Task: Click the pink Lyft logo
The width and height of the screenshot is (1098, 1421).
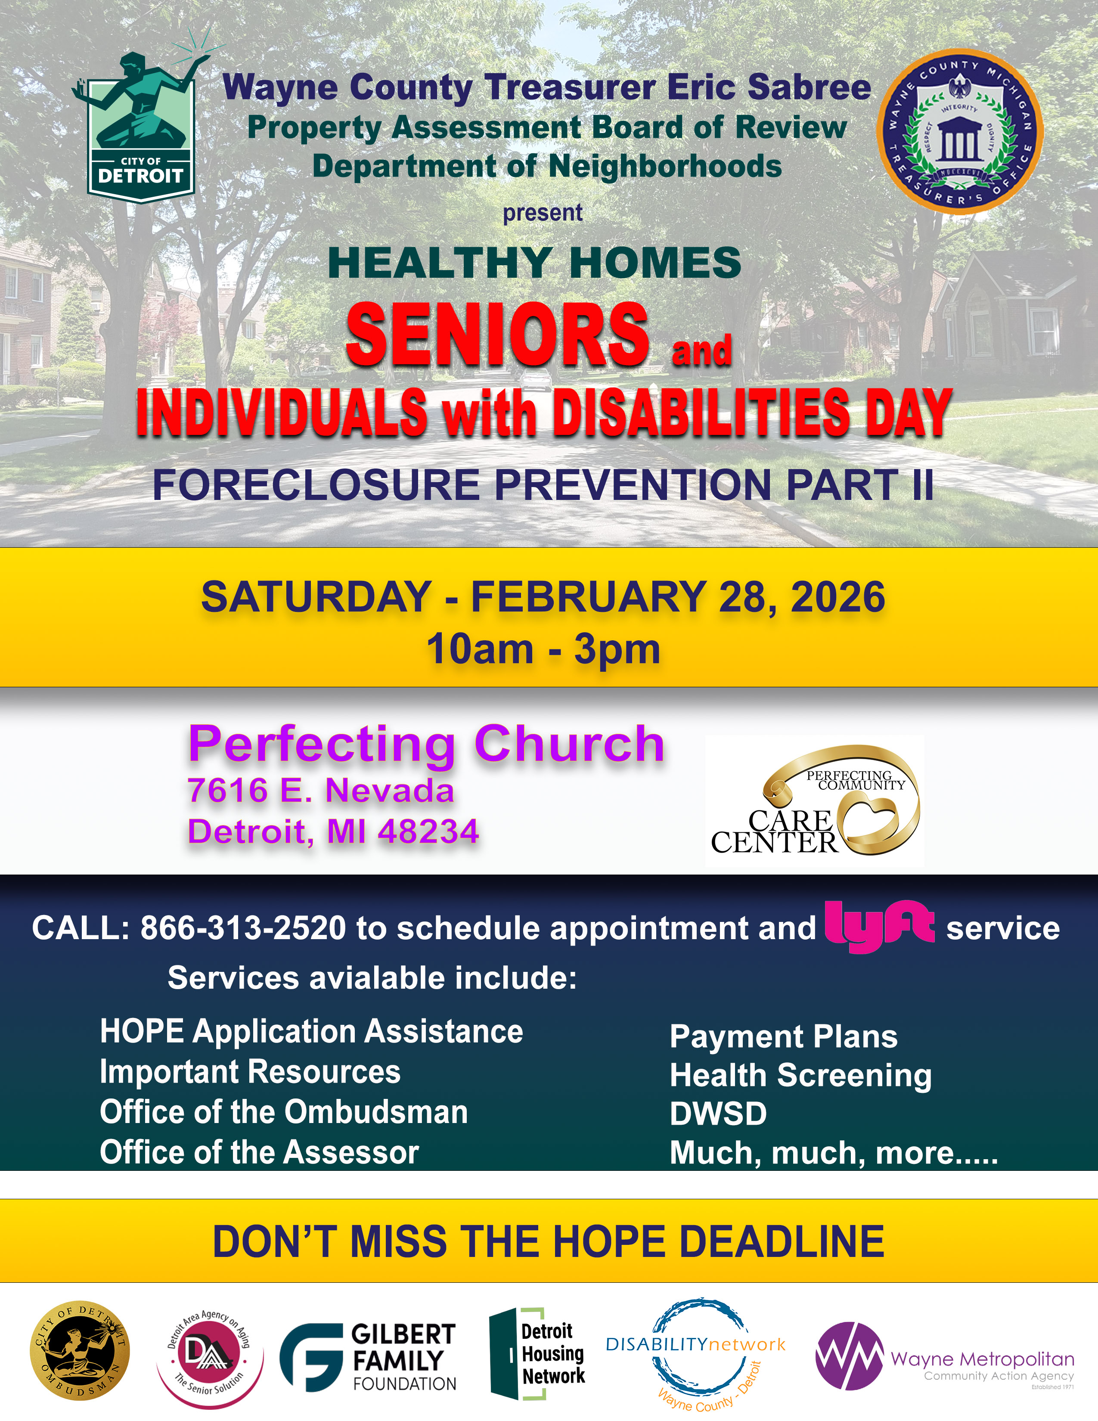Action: [x=879, y=927]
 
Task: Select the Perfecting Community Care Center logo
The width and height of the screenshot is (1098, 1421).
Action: [x=814, y=800]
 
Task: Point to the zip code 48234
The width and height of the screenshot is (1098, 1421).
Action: [x=429, y=831]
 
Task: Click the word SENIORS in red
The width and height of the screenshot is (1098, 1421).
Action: [x=498, y=335]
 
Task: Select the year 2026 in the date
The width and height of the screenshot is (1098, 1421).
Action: [x=838, y=597]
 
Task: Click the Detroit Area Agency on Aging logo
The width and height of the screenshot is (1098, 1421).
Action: [x=210, y=1357]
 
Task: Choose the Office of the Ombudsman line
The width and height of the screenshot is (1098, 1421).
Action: [x=284, y=1112]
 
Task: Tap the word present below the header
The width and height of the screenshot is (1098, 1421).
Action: [x=543, y=213]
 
